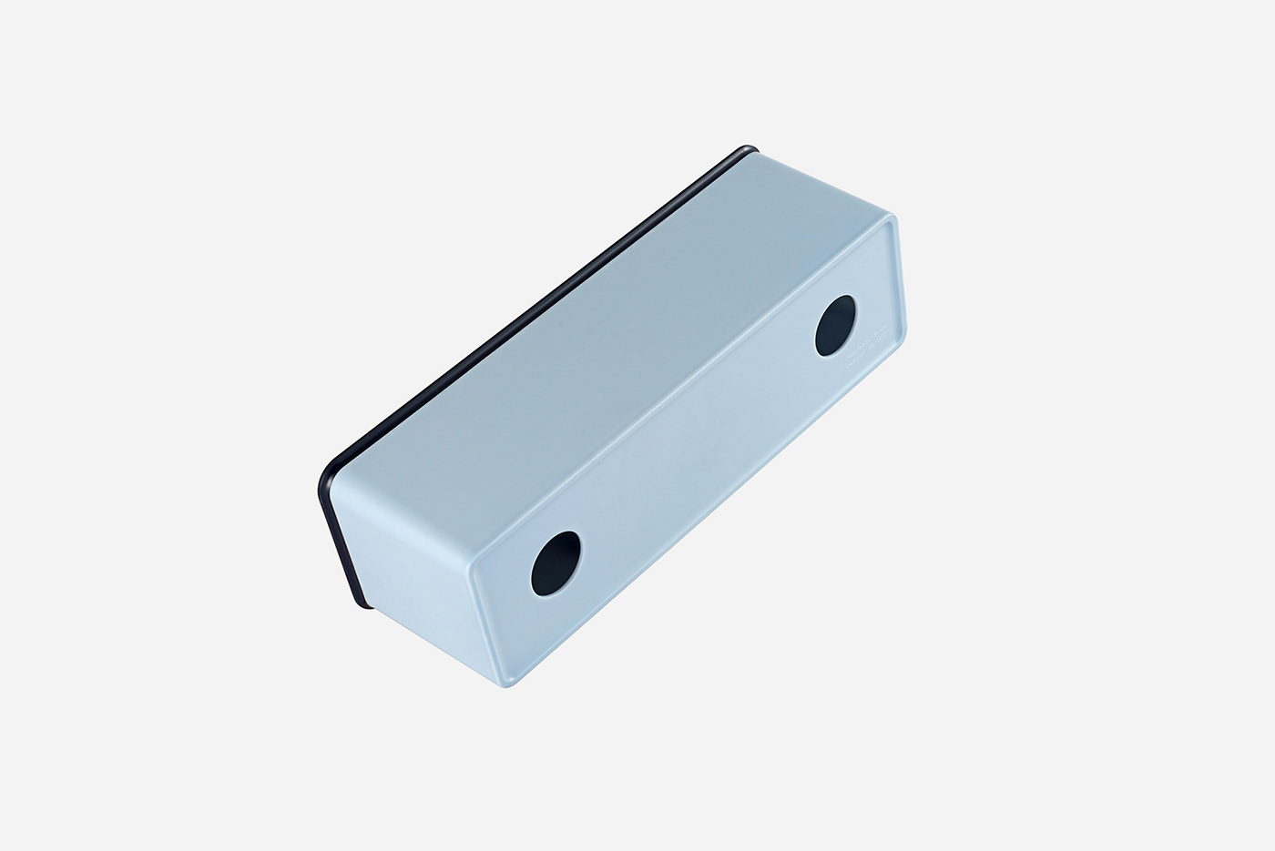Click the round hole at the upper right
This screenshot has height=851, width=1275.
835,325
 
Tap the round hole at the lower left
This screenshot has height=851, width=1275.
556,558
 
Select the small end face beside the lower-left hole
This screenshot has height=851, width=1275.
410,546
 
